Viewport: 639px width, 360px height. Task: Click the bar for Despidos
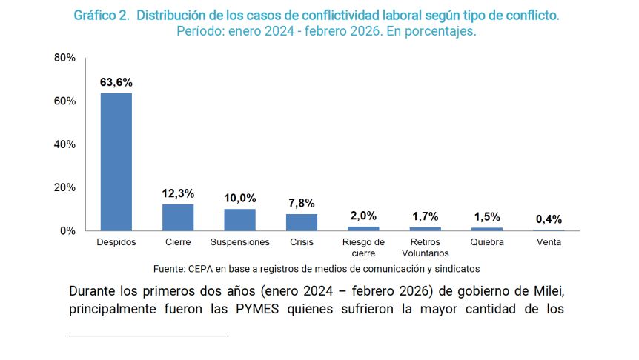click(116, 161)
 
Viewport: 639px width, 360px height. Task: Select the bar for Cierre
click(178, 217)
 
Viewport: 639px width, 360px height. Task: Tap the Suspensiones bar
click(239, 219)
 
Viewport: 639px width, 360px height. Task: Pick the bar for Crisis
click(302, 222)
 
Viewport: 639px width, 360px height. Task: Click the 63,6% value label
click(116, 81)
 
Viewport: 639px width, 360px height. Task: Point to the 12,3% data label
click(178, 193)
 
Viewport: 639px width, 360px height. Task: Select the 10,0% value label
click(239, 198)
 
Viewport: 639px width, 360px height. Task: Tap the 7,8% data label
click(302, 202)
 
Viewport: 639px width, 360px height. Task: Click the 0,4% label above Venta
click(549, 219)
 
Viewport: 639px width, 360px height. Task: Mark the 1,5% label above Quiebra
click(487, 216)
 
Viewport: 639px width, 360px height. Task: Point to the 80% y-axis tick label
click(65, 58)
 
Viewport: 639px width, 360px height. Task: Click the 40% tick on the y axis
click(65, 144)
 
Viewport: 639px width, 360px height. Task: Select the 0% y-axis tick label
click(68, 230)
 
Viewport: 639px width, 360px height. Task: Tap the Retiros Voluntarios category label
click(425, 247)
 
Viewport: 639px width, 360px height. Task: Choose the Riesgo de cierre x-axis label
click(363, 247)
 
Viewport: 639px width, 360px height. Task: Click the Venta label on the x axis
click(549, 242)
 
